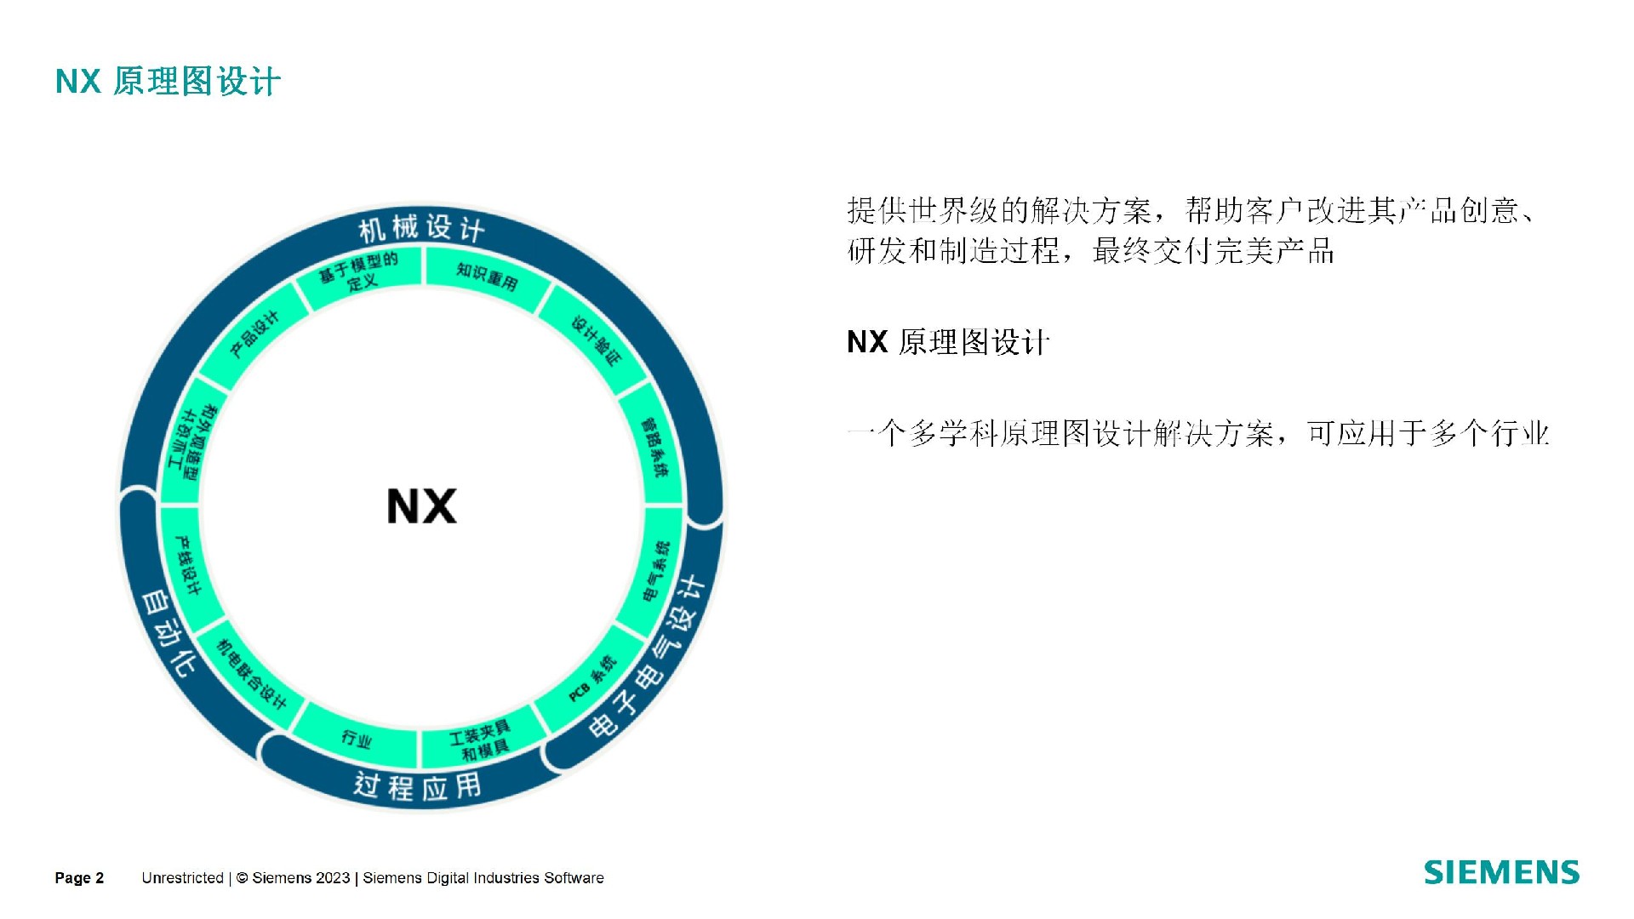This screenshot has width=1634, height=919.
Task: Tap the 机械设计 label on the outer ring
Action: pos(421,227)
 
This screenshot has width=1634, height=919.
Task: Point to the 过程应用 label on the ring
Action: pos(417,786)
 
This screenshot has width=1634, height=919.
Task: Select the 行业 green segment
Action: pos(357,738)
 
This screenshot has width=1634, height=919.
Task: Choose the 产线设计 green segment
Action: pos(188,565)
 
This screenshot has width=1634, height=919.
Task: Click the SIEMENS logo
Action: pos(1501,873)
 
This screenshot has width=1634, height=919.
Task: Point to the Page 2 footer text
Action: pos(79,878)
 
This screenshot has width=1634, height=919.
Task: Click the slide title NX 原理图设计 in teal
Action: pos(168,82)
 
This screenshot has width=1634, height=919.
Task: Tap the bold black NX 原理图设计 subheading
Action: pos(948,342)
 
